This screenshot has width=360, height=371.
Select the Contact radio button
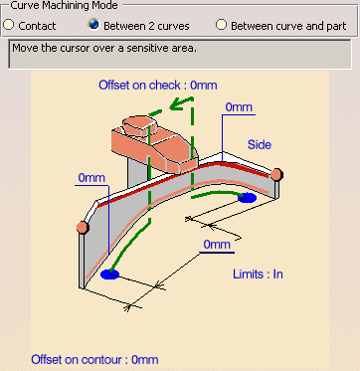(x=9, y=25)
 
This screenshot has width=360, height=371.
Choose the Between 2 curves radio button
(x=93, y=25)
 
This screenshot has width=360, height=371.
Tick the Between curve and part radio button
(x=221, y=25)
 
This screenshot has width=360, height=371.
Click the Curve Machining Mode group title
(x=64, y=5)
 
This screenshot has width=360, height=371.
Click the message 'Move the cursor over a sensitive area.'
(x=104, y=49)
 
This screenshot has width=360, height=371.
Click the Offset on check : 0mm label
(x=158, y=86)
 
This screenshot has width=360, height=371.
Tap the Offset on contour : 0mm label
(x=94, y=359)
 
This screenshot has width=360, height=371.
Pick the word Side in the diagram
(x=260, y=144)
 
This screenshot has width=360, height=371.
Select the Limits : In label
(x=258, y=275)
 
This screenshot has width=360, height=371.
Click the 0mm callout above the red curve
(x=239, y=107)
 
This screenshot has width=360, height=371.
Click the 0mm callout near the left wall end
(x=91, y=178)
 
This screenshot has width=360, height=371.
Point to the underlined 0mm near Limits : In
(x=217, y=245)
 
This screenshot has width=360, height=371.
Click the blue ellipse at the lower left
(x=109, y=275)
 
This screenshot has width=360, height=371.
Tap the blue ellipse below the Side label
(x=247, y=198)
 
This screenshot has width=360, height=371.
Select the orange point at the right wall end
(x=276, y=174)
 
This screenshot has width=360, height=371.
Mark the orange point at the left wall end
(x=83, y=227)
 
